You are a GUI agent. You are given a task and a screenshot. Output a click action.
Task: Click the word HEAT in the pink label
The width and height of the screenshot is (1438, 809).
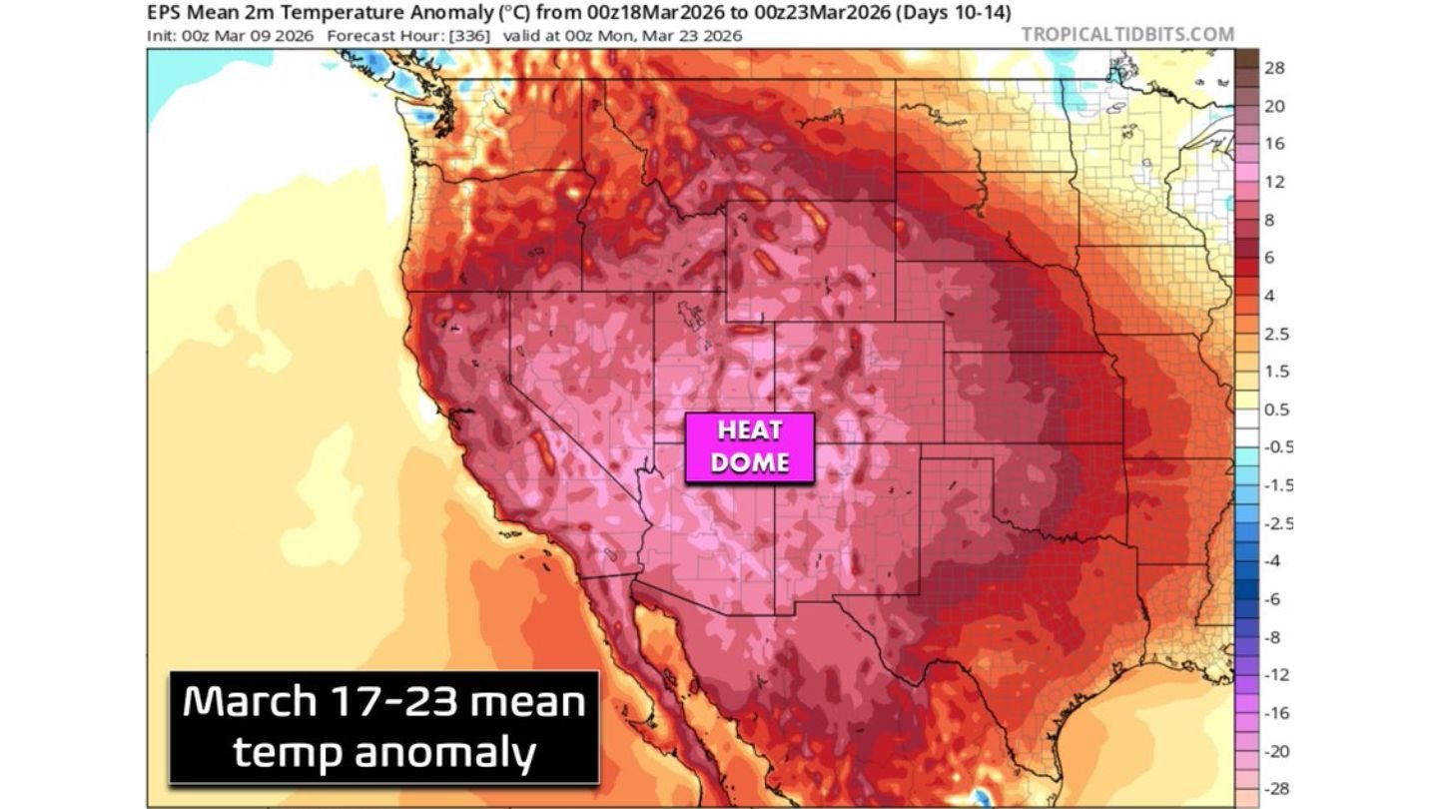[749, 432]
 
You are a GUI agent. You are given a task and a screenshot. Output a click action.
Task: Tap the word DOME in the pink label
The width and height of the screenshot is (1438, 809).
[749, 462]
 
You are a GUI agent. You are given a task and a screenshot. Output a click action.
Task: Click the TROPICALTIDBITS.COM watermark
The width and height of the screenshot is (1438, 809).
[1127, 35]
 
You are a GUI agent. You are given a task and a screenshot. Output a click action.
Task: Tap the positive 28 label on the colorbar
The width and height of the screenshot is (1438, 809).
[1274, 68]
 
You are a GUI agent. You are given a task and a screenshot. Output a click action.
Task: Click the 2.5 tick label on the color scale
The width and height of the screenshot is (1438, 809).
[1276, 334]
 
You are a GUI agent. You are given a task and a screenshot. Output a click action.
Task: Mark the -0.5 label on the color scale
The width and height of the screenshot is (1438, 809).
[1277, 447]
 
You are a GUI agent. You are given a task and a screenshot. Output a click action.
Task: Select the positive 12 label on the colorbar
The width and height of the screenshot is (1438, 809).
[1274, 182]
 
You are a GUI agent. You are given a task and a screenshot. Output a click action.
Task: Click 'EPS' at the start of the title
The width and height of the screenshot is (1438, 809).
[166, 13]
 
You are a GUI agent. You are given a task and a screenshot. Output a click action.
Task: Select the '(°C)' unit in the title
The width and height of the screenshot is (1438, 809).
[479, 13]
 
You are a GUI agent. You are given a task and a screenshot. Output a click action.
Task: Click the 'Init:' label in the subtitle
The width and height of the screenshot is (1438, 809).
[163, 35]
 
